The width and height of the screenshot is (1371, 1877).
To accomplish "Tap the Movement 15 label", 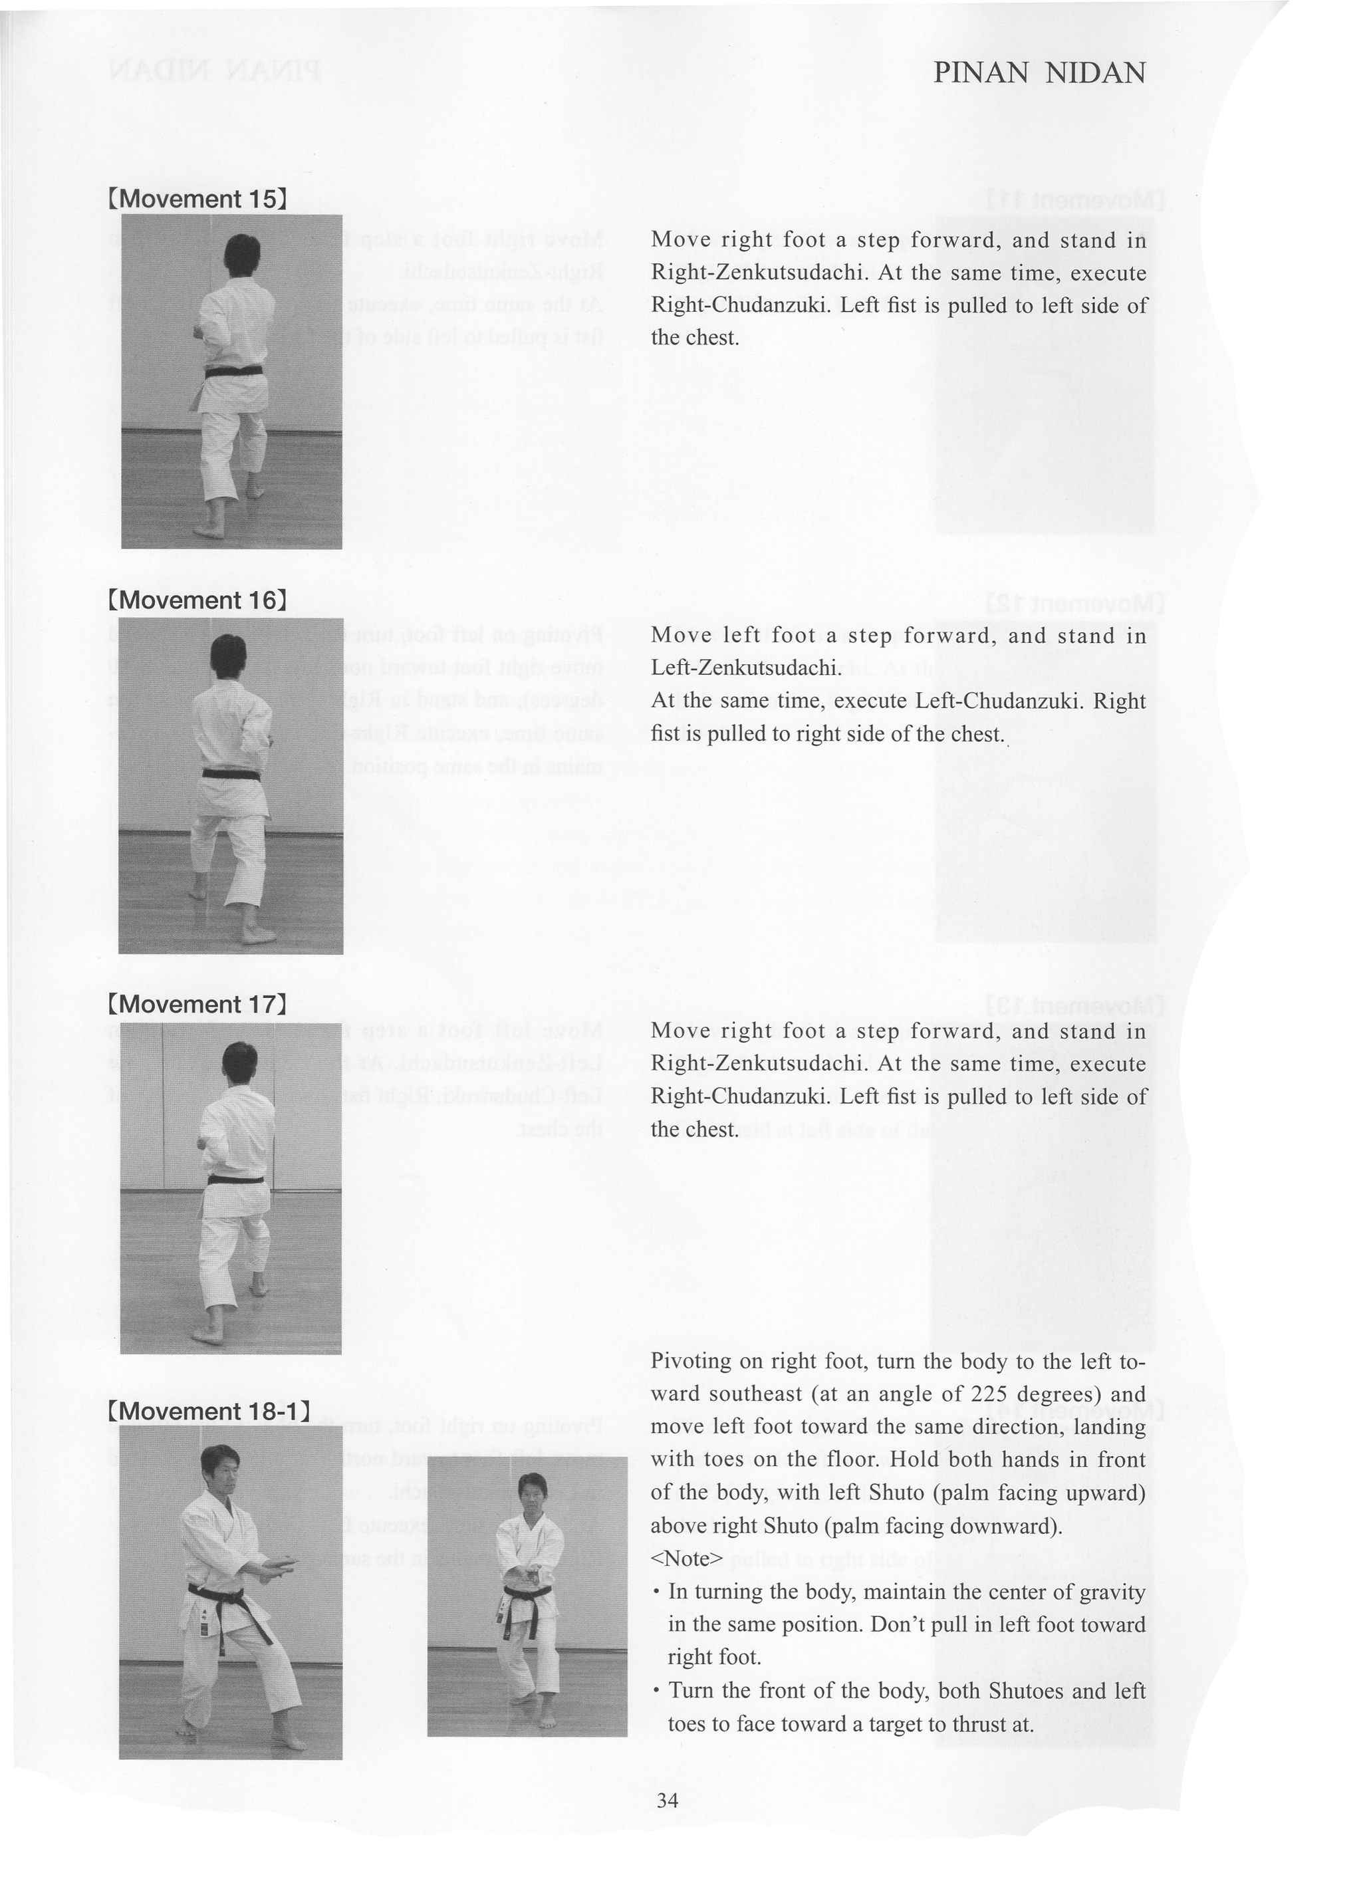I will click(x=197, y=199).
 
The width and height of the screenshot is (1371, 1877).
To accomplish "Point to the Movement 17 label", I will click(x=197, y=1004).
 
